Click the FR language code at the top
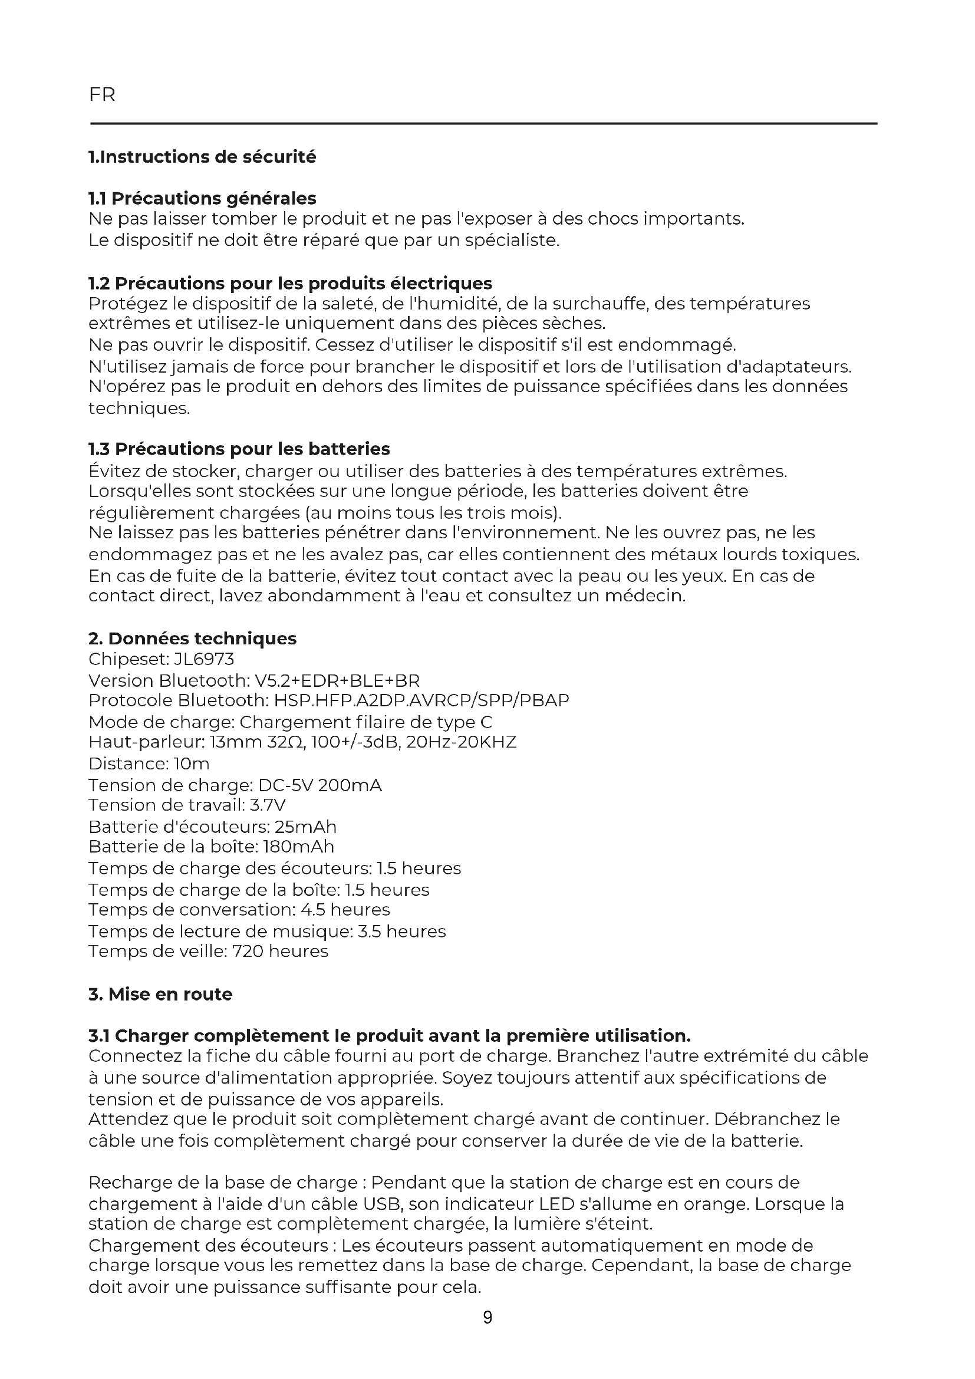(102, 95)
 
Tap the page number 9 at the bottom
(487, 1317)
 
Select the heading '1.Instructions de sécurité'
(202, 157)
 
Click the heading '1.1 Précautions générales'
(202, 198)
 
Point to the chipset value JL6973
(204, 659)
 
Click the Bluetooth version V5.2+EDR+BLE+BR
(337, 680)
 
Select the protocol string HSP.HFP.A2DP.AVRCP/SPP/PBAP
(421, 700)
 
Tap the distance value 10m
(192, 763)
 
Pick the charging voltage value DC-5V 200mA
(320, 785)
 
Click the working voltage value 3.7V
(268, 805)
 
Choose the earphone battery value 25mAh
(305, 827)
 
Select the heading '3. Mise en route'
(160, 994)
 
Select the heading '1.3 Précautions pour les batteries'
(239, 449)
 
